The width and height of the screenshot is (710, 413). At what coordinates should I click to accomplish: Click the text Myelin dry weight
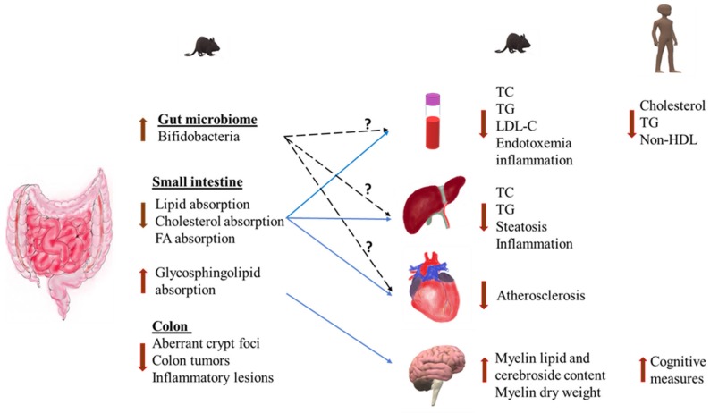click(x=548, y=391)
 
